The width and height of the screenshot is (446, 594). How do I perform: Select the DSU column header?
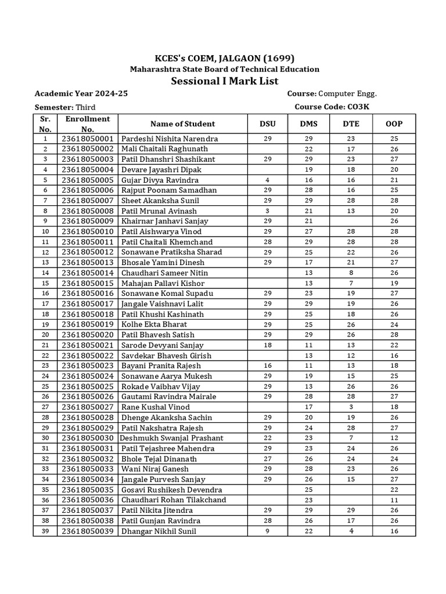(268, 124)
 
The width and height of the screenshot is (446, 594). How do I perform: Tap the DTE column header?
(351, 124)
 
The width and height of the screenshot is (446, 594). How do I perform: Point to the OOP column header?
(394, 124)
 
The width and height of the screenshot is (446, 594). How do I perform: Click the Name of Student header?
(182, 124)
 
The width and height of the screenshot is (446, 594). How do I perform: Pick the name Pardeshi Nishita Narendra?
(170, 139)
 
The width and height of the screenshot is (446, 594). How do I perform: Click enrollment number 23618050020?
(88, 335)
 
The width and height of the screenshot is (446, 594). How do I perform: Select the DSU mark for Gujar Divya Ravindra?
(268, 180)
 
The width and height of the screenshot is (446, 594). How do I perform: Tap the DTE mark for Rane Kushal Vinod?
(351, 407)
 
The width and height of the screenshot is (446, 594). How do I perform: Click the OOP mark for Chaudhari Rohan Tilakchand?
(394, 499)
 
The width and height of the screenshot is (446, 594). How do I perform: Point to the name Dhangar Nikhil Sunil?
(159, 531)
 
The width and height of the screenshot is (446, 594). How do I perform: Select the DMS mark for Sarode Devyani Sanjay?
(309, 345)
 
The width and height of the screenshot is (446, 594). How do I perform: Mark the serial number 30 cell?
(45, 438)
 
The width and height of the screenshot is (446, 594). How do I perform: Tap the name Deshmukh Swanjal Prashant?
(171, 438)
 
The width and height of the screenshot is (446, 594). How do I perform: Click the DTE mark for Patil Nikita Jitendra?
(351, 510)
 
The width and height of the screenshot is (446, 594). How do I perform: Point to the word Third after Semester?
(85, 107)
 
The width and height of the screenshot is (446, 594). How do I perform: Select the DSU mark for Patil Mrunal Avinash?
(268, 211)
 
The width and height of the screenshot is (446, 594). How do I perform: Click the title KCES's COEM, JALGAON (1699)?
(224, 58)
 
